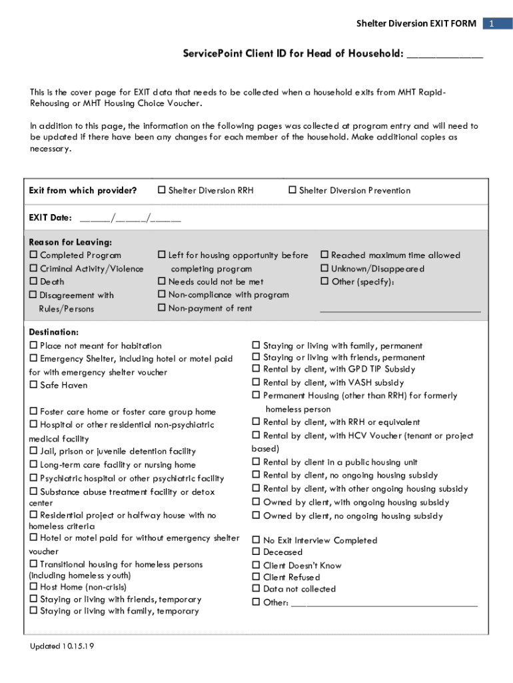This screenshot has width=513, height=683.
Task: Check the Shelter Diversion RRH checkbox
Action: pyautogui.click(x=161, y=191)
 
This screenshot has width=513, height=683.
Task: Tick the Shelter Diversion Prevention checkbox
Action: pyautogui.click(x=292, y=191)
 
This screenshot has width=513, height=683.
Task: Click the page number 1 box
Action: pyautogui.click(x=491, y=23)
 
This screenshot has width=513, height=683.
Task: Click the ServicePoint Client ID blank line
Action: pyautogui.click(x=444, y=55)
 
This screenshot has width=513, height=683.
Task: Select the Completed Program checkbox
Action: pyautogui.click(x=33, y=255)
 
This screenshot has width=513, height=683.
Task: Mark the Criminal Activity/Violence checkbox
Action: pyautogui.click(x=33, y=269)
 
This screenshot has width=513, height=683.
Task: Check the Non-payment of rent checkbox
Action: pyautogui.click(x=161, y=308)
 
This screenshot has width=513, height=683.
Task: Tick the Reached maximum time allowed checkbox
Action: pyautogui.click(x=324, y=255)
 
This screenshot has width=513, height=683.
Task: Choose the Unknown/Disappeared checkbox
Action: pyautogui.click(x=324, y=269)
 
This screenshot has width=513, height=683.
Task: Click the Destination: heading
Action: pyautogui.click(x=54, y=332)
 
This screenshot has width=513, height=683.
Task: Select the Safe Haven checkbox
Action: pyautogui.click(x=33, y=386)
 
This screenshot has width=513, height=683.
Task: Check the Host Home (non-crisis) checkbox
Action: pyautogui.click(x=33, y=587)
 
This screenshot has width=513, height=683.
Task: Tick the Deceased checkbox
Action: pyautogui.click(x=256, y=552)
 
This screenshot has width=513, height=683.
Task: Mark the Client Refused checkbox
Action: pyautogui.click(x=256, y=578)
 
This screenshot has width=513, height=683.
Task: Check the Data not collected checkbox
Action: pyautogui.click(x=256, y=589)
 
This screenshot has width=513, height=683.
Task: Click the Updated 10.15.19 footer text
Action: pyautogui.click(x=61, y=646)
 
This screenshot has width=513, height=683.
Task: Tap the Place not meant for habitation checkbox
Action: pyautogui.click(x=33, y=346)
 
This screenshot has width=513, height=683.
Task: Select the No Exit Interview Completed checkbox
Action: pyautogui.click(x=256, y=540)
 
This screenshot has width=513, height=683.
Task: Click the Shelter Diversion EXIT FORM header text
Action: pyautogui.click(x=416, y=23)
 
